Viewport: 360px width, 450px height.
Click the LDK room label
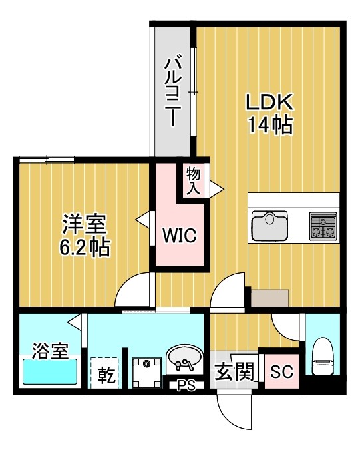click(x=270, y=103)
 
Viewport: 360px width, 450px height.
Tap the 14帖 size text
click(x=270, y=124)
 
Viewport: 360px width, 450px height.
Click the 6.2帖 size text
click(x=85, y=248)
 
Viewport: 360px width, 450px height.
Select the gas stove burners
click(x=324, y=226)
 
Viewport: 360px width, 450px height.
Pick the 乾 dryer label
click(x=106, y=375)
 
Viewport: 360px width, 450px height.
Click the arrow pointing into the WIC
click(x=142, y=218)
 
